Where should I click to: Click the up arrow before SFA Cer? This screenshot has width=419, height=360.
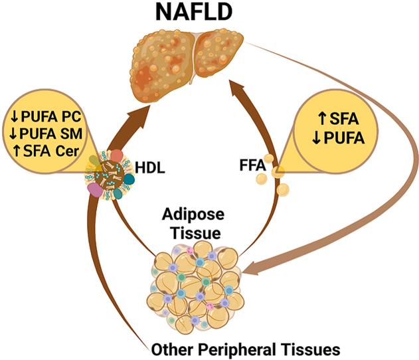tap(16, 152)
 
